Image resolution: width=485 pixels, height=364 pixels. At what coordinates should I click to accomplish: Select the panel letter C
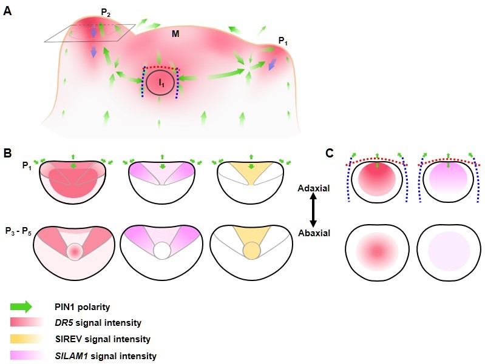coord(330,153)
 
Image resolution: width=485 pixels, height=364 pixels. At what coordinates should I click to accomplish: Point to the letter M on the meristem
coord(175,35)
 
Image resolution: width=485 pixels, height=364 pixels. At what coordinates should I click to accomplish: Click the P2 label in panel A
coord(106,12)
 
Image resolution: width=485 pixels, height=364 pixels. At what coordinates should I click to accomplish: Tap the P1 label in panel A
coord(283,41)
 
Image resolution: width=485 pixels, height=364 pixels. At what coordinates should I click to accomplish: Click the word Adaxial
coord(314,189)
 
